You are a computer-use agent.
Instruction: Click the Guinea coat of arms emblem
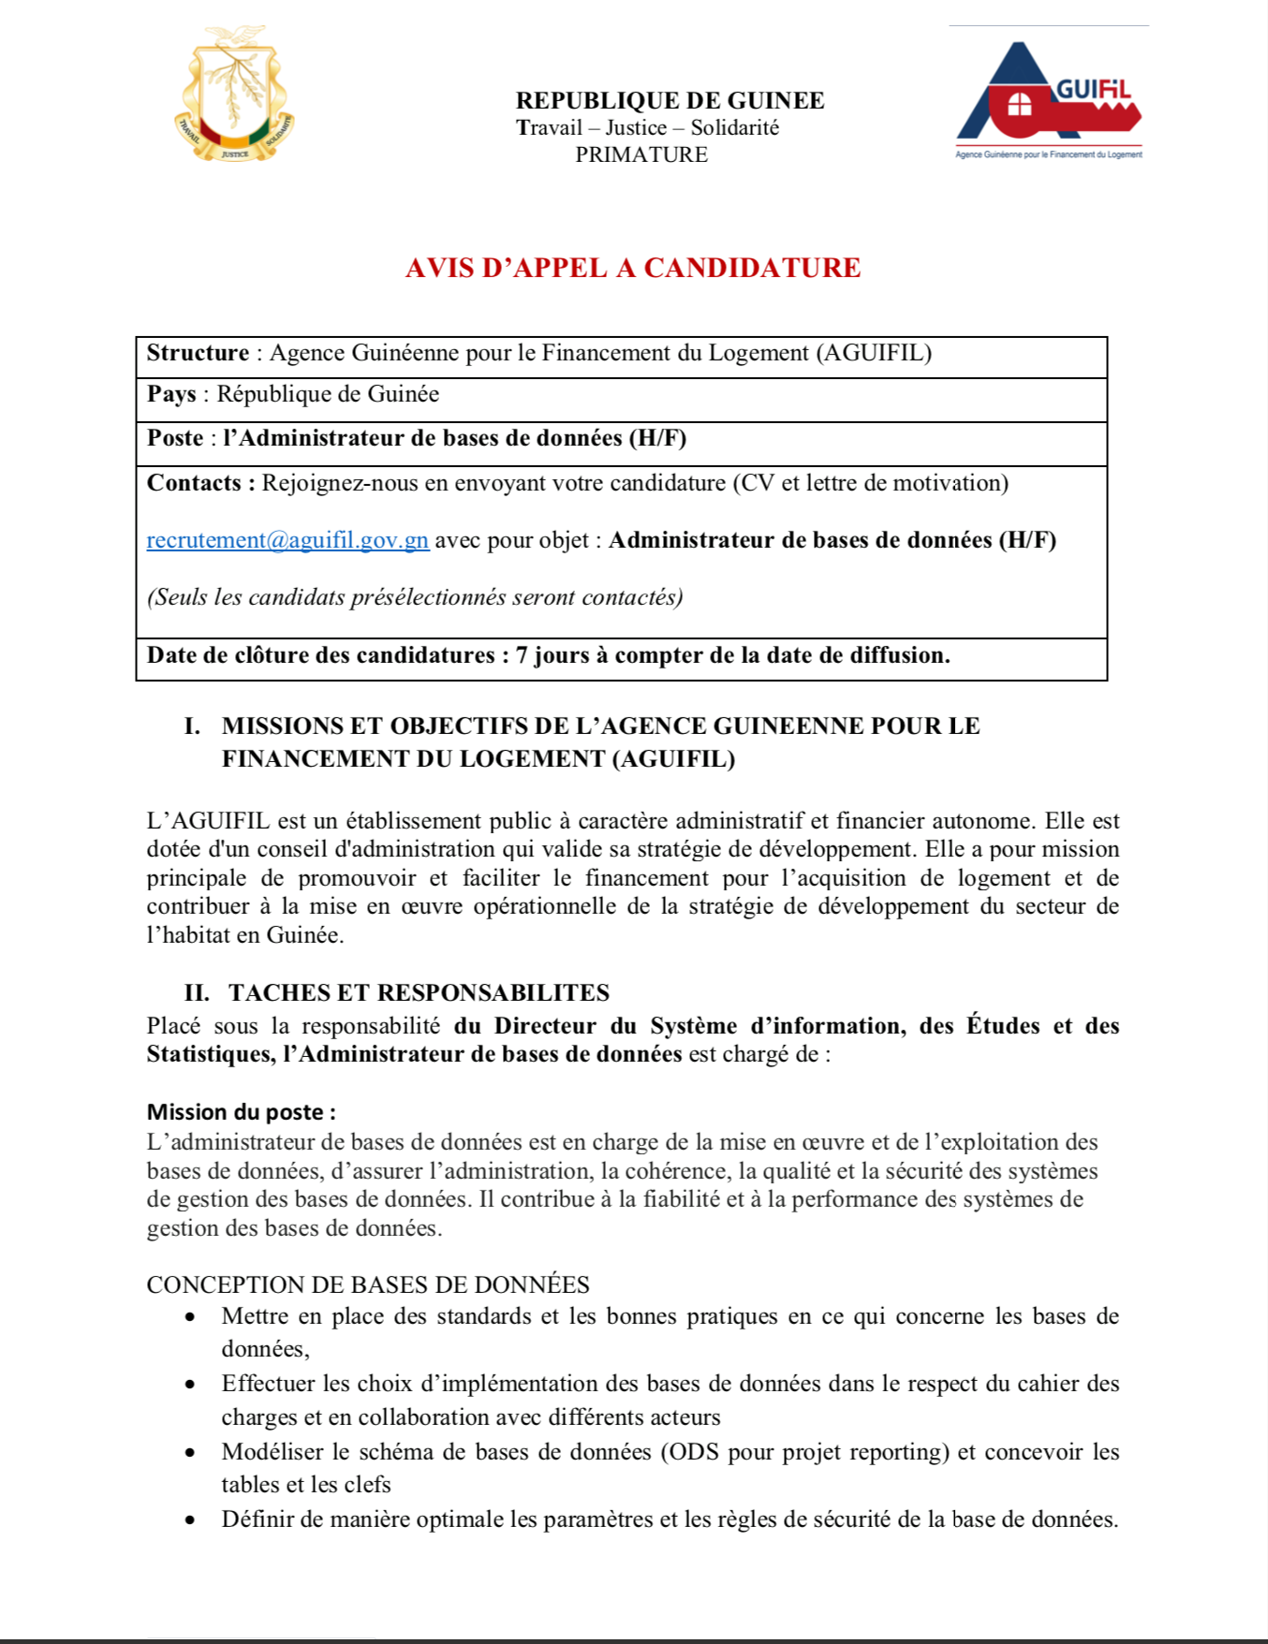tap(234, 94)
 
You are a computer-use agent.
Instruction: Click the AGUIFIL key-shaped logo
tap(1049, 98)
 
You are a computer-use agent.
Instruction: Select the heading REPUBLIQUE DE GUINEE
tap(670, 100)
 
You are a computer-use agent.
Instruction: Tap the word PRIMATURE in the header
tap(641, 154)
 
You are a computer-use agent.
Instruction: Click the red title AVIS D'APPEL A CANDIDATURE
tap(633, 268)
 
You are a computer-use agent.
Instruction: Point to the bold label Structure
tap(198, 353)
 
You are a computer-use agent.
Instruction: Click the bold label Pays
tap(171, 394)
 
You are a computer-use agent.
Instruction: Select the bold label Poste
tap(175, 438)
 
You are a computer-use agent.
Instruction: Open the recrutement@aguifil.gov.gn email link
tap(288, 540)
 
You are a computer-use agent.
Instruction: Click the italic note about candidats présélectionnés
tap(415, 597)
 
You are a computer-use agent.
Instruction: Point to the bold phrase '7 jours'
tap(553, 655)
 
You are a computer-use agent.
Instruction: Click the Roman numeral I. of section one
tap(192, 727)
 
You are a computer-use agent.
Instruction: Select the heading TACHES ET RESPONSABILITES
tap(419, 992)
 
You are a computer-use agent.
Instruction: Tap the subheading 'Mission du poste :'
tap(241, 1112)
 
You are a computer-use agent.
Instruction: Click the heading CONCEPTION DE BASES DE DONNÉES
tap(368, 1284)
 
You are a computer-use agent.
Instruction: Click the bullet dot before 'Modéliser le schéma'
tap(191, 1453)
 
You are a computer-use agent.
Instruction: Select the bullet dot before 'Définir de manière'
tap(191, 1520)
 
